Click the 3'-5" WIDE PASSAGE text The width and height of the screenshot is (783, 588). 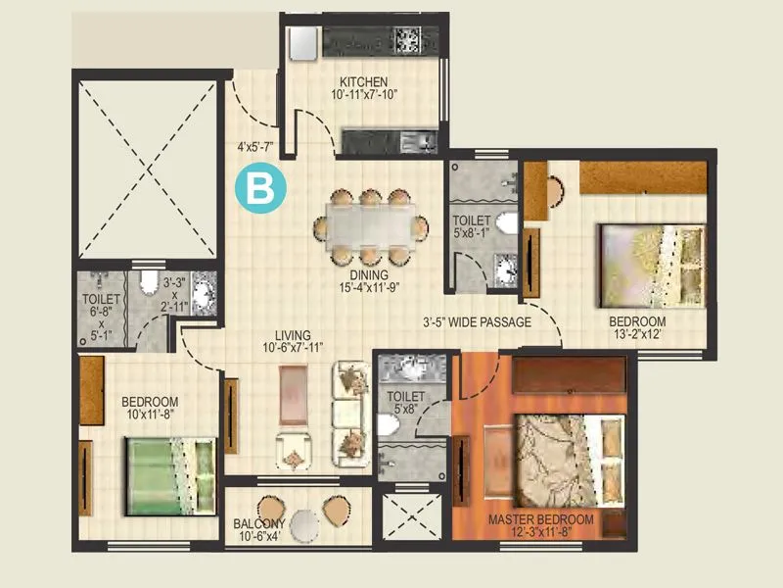click(477, 321)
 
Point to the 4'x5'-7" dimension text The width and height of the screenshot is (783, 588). click(254, 148)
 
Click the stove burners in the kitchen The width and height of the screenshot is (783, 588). click(405, 40)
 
